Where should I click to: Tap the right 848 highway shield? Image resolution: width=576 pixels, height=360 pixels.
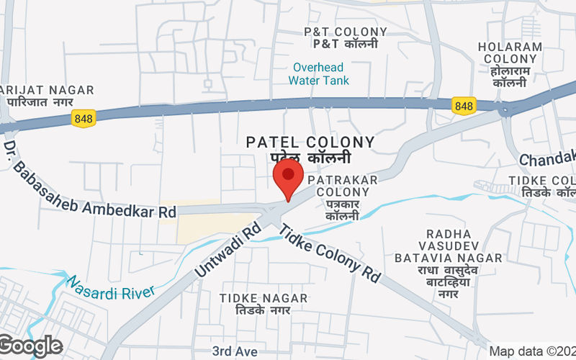tap(464, 106)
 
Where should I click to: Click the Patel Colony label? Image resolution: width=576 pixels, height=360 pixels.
tap(310, 150)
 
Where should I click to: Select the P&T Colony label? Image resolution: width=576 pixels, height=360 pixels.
tap(345, 37)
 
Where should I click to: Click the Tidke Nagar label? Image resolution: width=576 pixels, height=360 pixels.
tap(264, 304)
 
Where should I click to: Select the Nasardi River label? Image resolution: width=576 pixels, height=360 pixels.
tap(112, 285)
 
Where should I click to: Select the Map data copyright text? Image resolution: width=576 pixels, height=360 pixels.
tap(532, 351)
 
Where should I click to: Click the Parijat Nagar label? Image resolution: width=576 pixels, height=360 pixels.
tap(47, 96)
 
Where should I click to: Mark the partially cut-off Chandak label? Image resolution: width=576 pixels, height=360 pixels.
tap(548, 158)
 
